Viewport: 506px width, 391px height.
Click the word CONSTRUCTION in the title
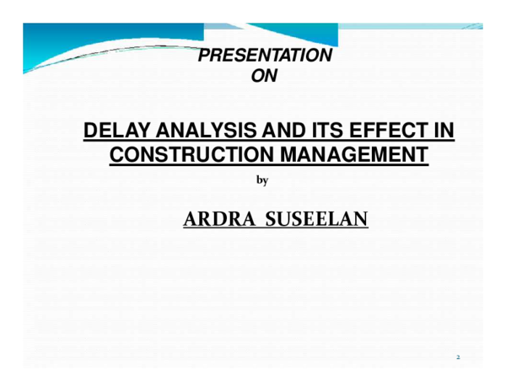(190, 155)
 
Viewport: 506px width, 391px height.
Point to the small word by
(261, 181)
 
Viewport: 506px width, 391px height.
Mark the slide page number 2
(459, 358)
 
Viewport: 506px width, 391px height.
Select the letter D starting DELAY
(89, 132)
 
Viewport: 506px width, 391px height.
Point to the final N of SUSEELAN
(361, 219)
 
